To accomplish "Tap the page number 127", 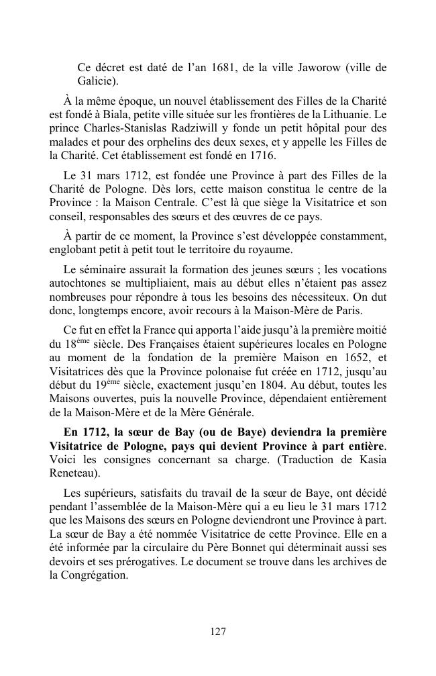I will coord(217,631).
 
